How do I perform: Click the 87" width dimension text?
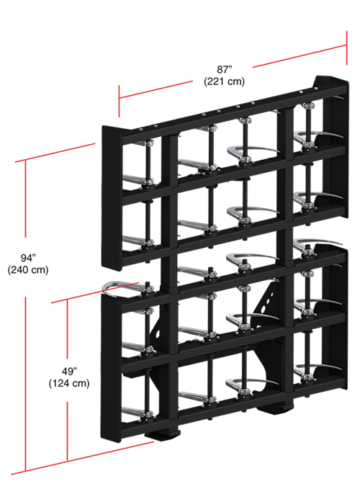pos(224,69)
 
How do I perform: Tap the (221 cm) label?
pos(224,81)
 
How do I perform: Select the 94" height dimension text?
pos(28,258)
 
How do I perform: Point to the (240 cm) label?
pos(28,269)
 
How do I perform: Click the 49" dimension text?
pos(69,371)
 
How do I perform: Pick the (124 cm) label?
pos(69,383)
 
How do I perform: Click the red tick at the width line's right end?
pos(346,48)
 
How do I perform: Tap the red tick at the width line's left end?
pos(119,101)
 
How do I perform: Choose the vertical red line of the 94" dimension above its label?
pos(25,199)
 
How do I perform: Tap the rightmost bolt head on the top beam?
pos(316,89)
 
